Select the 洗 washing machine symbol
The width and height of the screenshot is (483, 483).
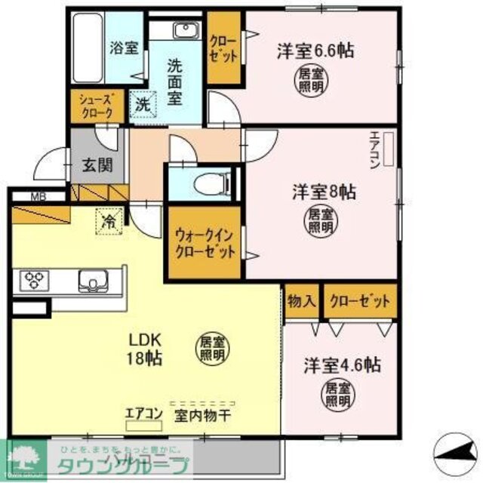[x=142, y=105]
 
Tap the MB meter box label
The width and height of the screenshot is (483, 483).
[x=38, y=198]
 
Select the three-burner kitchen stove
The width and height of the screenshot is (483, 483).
[x=32, y=280]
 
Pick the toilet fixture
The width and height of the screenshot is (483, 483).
[x=208, y=181]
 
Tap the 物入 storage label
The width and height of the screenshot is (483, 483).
[x=301, y=301]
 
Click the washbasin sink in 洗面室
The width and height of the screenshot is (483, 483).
[x=184, y=31]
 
